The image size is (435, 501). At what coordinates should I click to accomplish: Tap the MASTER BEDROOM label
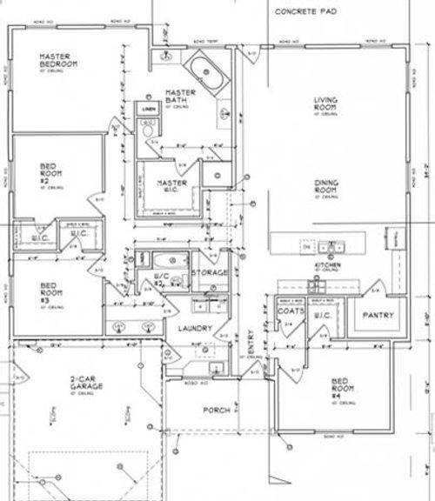pyautogui.click(x=58, y=61)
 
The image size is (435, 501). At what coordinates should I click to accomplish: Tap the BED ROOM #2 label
pyautogui.click(x=50, y=174)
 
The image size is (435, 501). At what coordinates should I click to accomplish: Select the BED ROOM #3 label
pyautogui.click(x=50, y=291)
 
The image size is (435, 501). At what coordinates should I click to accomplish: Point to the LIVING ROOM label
pyautogui.click(x=325, y=104)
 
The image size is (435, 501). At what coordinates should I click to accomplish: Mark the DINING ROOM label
pyautogui.click(x=325, y=186)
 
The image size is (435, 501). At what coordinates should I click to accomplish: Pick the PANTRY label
pyautogui.click(x=379, y=315)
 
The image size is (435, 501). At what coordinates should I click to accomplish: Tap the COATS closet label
pyautogui.click(x=289, y=310)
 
